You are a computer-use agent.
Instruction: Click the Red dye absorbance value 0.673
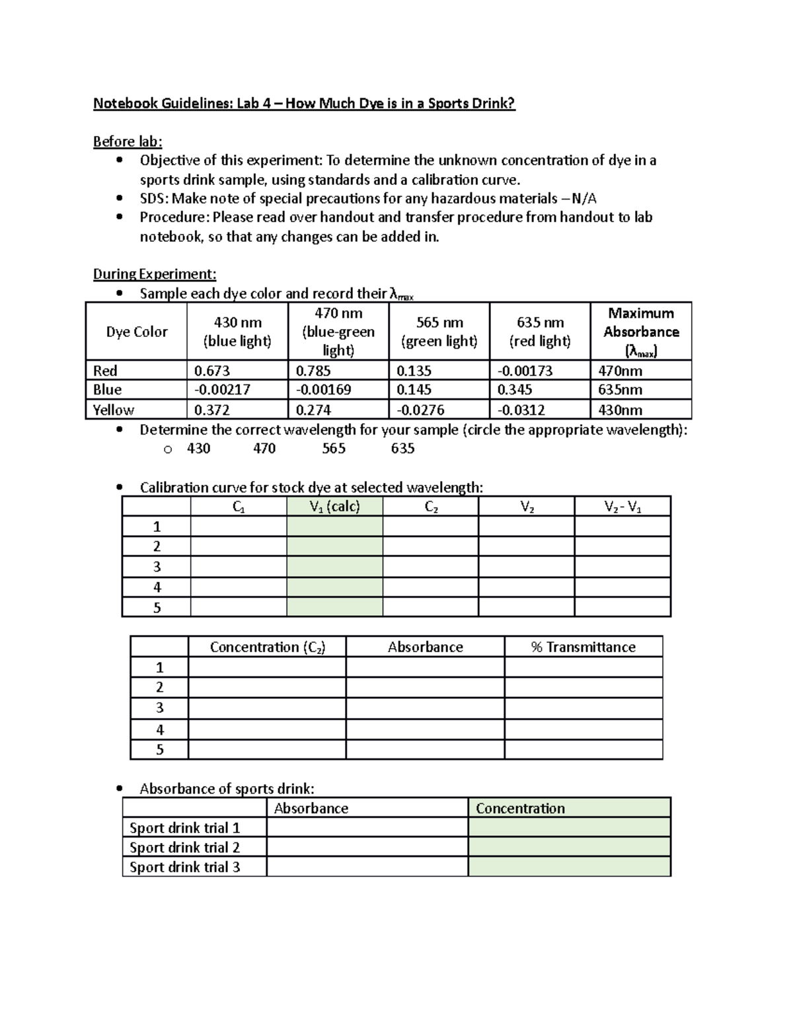pos(212,371)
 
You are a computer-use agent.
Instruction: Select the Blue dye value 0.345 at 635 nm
pos(515,390)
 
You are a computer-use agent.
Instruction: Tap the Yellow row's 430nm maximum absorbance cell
pos(620,410)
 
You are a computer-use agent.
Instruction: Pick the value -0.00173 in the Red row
pos(525,371)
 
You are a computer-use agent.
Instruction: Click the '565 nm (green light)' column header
pos(439,332)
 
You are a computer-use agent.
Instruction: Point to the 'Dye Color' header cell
pos(137,332)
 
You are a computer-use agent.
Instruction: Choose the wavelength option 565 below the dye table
pos(334,449)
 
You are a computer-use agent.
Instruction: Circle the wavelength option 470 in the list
pos(264,449)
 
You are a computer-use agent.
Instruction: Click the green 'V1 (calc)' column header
pos(334,507)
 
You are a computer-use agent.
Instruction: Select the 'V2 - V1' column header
pos(622,507)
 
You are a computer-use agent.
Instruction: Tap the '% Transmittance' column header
pos(583,647)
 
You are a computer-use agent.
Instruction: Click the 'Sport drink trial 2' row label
pos(184,848)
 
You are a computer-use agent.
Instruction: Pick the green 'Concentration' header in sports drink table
pos(520,808)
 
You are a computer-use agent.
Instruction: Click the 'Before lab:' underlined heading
pos(128,141)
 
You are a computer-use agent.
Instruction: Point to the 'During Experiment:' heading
pos(155,274)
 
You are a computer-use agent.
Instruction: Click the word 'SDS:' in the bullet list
pos(154,199)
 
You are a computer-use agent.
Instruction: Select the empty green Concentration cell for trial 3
pos(569,867)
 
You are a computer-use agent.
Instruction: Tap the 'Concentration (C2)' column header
pos(267,647)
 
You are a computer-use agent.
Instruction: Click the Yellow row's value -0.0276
pos(420,410)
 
